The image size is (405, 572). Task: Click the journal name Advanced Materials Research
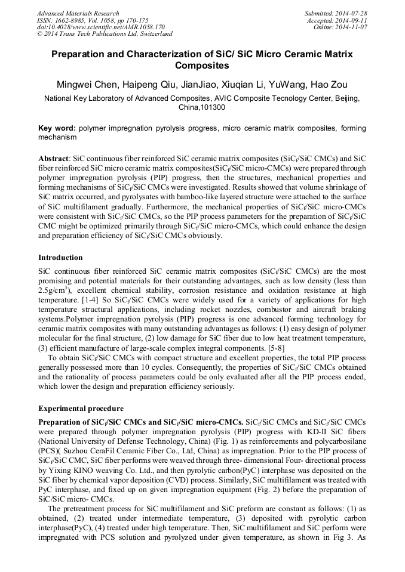(x=78, y=13)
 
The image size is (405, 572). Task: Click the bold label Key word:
(x=57, y=128)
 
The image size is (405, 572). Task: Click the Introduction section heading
(x=60, y=258)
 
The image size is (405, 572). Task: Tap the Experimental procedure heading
(x=81, y=409)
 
